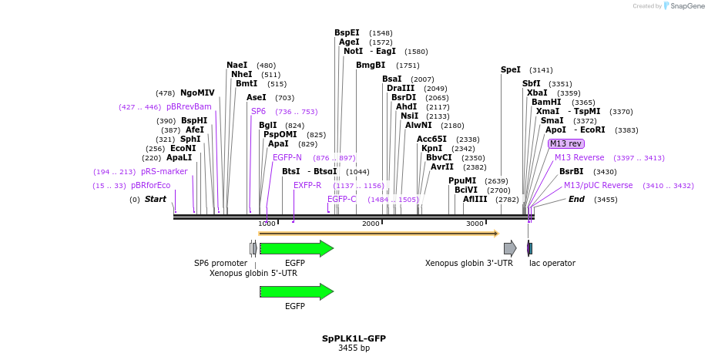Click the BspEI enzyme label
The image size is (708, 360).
point(347,33)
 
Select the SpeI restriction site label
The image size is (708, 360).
point(510,69)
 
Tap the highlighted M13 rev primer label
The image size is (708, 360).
point(565,143)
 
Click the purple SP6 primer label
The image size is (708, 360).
point(258,111)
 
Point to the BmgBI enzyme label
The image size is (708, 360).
point(371,66)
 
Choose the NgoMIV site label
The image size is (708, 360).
point(197,93)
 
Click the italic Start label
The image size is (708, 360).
point(155,199)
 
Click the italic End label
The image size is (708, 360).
point(576,199)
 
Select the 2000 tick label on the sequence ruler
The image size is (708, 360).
point(371,224)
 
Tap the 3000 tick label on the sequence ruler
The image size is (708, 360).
point(475,224)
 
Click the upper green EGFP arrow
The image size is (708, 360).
point(296,248)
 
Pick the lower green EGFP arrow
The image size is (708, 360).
point(296,291)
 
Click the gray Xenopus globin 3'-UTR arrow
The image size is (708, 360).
point(510,248)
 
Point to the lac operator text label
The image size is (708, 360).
point(552,263)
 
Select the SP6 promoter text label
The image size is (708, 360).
point(220,263)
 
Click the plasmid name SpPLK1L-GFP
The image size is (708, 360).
point(354,338)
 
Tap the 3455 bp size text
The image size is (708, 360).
point(354,348)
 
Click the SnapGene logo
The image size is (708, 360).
point(686,6)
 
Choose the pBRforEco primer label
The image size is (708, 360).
point(150,185)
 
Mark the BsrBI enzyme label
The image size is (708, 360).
point(571,171)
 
